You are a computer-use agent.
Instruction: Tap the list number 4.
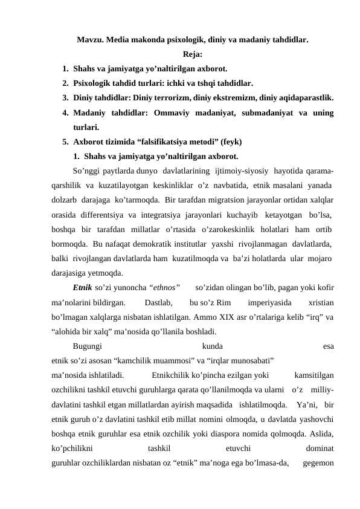pyautogui.click(x=64, y=112)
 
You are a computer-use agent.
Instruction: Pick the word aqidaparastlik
pyautogui.click(x=308, y=97)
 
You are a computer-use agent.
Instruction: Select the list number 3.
pyautogui.click(x=64, y=97)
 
